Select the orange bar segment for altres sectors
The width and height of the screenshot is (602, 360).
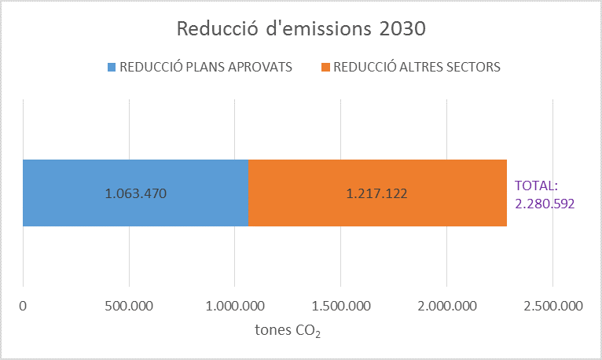point(440,193)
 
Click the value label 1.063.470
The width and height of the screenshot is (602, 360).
point(136,193)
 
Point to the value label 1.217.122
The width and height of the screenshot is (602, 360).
point(377,193)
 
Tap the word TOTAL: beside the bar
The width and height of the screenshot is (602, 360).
point(536,186)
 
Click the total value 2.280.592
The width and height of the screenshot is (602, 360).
point(545,204)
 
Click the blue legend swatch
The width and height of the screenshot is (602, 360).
point(111,67)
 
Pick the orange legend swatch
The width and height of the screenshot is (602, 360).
point(325,67)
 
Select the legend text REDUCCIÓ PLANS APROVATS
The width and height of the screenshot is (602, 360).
point(205,67)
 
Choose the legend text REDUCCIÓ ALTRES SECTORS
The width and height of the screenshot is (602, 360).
point(417,67)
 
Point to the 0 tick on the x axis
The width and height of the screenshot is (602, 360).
point(24,306)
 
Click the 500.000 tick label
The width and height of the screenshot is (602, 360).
point(129,306)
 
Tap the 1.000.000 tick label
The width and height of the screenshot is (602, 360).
point(235,306)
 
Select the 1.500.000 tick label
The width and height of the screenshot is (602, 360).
point(341,306)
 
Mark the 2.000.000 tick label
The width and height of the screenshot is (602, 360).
point(446,306)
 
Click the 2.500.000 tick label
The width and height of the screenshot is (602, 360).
point(552,306)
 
